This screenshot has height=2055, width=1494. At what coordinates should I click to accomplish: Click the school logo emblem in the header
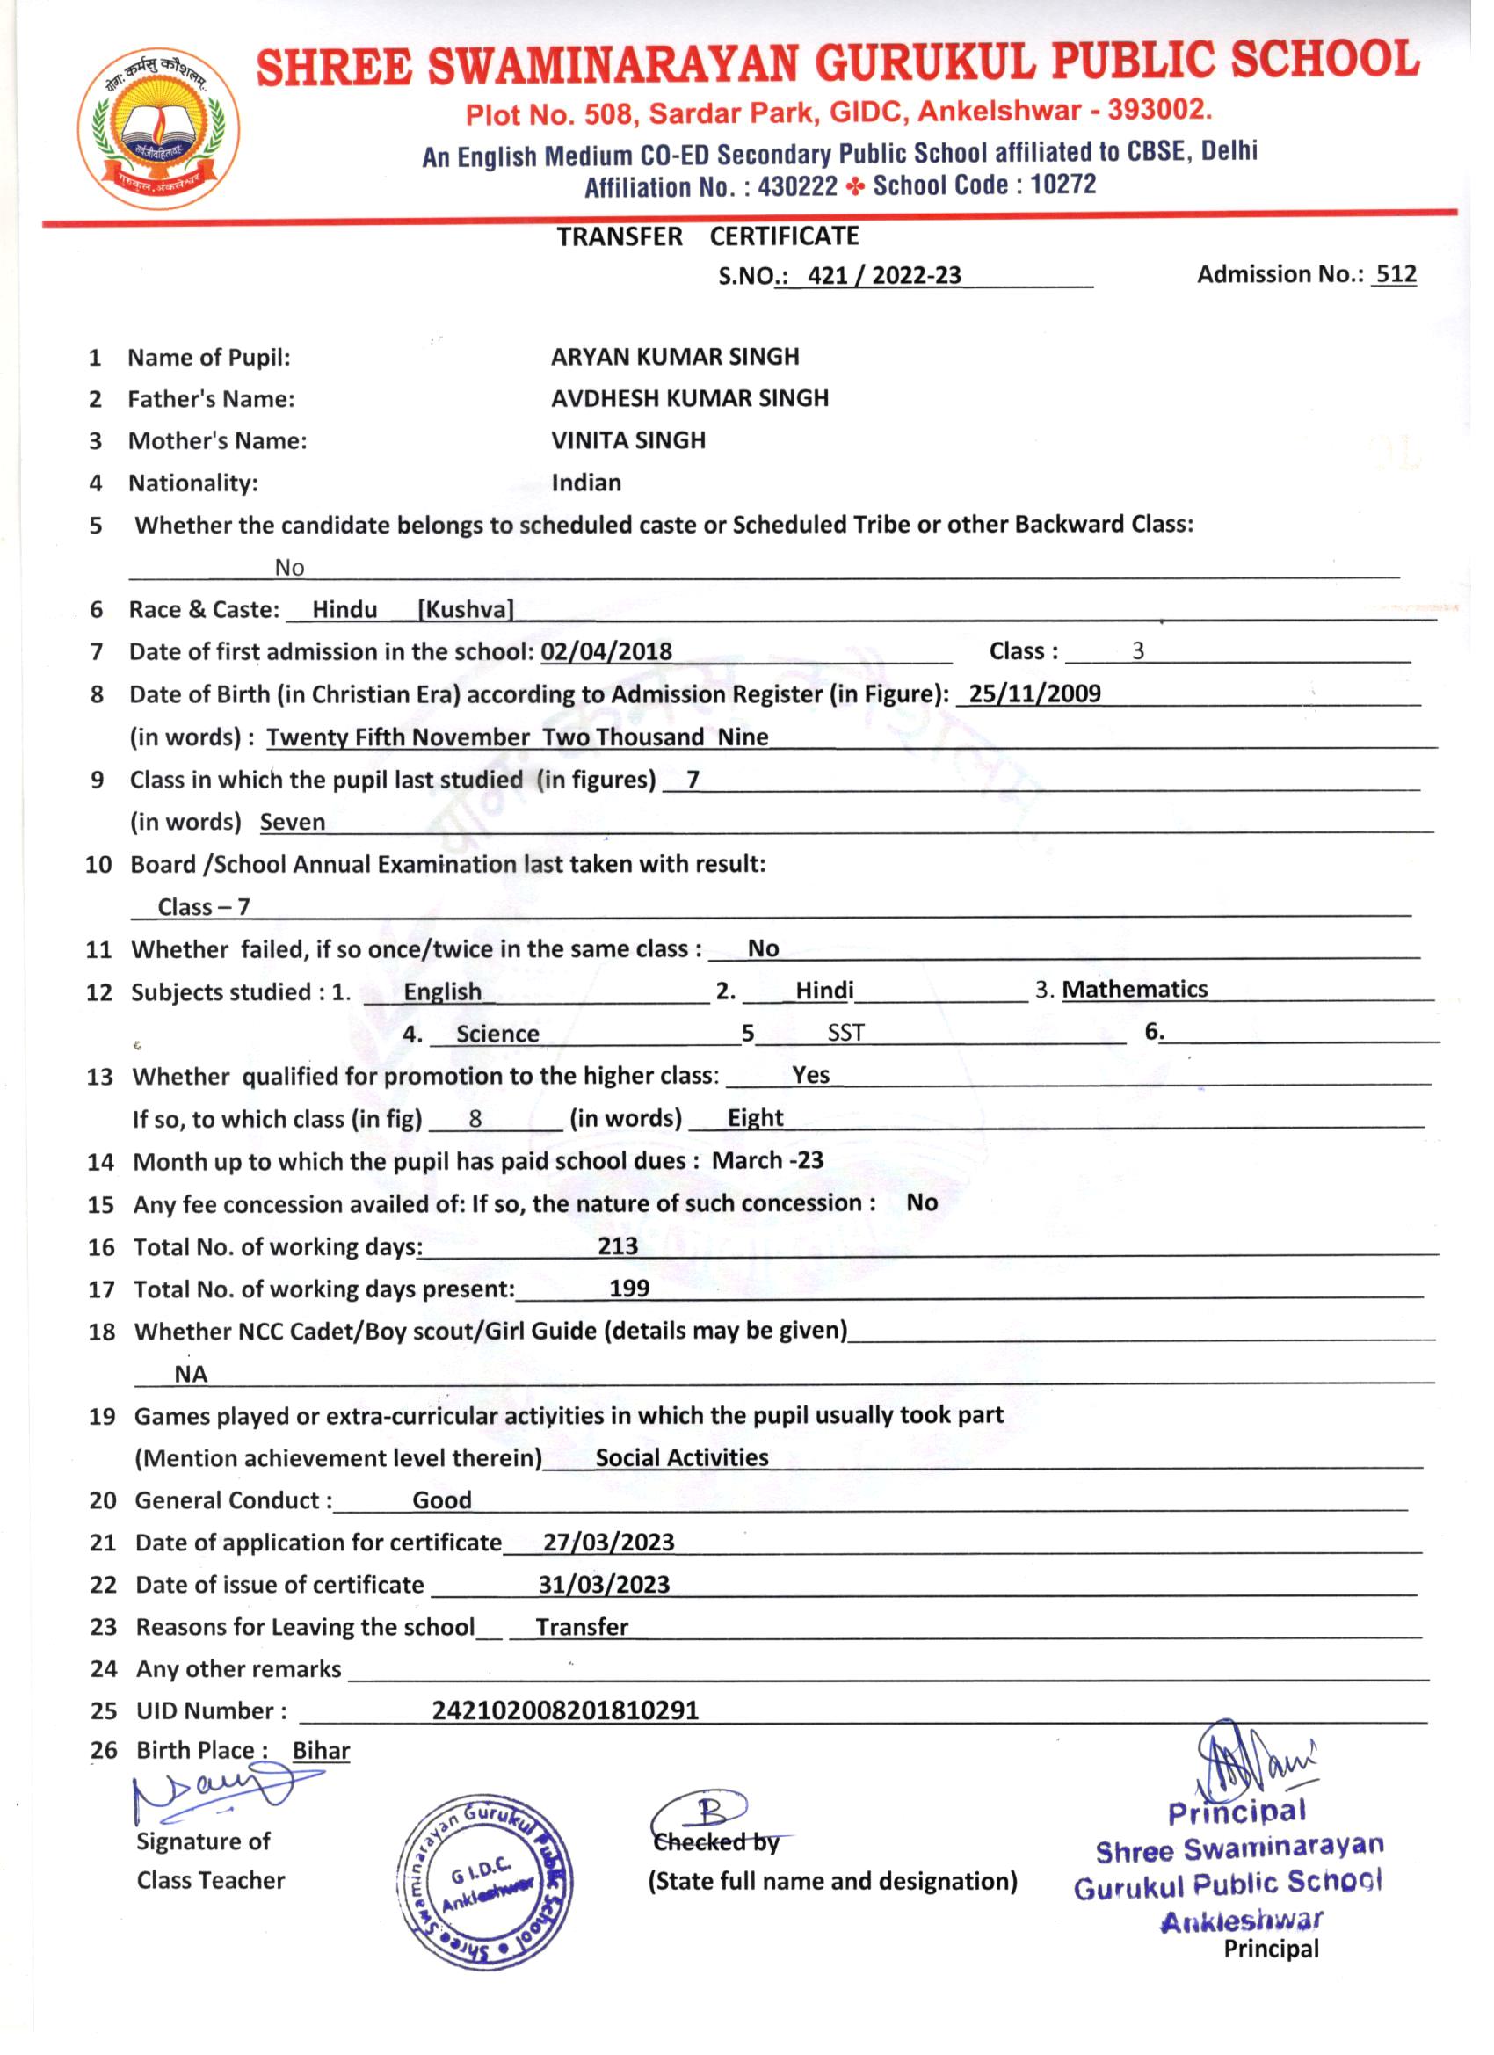[x=159, y=127]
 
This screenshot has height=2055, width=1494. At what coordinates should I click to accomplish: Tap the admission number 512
[x=1396, y=273]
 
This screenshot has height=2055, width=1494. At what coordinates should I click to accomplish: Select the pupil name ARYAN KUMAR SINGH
[x=675, y=356]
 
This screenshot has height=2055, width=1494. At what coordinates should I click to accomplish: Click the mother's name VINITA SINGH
[x=627, y=440]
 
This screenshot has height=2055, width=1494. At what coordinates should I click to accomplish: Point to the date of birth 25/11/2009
[x=1033, y=693]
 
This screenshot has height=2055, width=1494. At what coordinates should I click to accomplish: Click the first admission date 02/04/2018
[x=606, y=651]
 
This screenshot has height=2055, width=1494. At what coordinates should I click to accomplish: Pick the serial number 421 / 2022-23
[x=883, y=275]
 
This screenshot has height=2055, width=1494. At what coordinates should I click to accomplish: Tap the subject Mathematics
[x=1135, y=989]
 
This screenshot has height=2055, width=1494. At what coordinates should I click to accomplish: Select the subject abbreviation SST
[x=845, y=1032]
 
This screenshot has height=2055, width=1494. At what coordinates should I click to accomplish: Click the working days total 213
[x=618, y=1245]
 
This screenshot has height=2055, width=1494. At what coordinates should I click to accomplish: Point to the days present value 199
[x=628, y=1288]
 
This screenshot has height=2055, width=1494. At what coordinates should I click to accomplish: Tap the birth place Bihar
[x=321, y=1751]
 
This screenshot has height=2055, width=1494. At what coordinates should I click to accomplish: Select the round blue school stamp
[x=486, y=1880]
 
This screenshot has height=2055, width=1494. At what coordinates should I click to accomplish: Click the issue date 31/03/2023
[x=604, y=1584]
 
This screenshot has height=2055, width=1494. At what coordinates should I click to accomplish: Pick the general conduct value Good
[x=442, y=1499]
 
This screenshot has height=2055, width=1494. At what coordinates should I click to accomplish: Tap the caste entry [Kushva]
[x=465, y=609]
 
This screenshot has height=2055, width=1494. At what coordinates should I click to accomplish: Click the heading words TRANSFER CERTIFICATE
[x=707, y=236]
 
